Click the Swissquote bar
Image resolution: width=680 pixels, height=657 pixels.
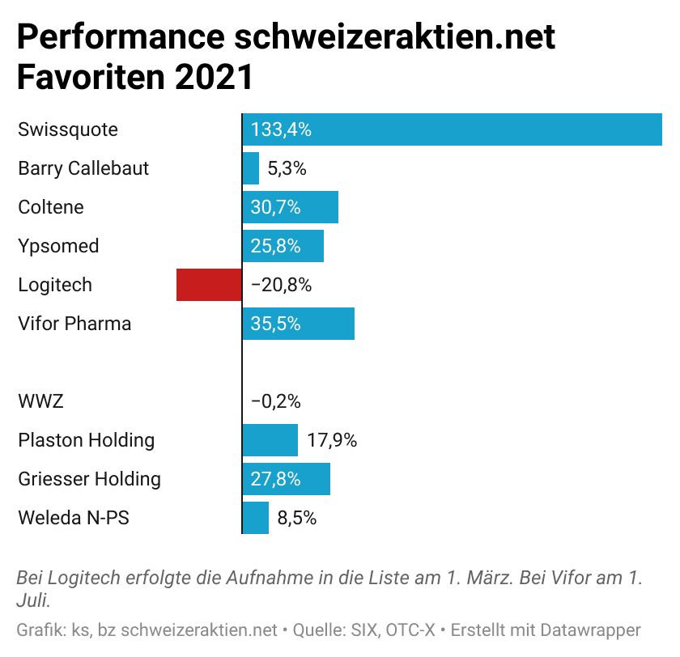tap(452, 129)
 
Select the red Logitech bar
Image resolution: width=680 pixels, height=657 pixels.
tap(209, 285)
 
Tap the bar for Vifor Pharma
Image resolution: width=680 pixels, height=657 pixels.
tap(298, 324)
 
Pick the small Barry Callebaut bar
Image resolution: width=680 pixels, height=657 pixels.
tap(251, 168)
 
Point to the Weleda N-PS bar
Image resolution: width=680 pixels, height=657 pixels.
tap(256, 518)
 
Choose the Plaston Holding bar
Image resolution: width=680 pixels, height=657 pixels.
tap(270, 440)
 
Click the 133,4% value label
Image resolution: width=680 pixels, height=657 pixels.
tap(281, 129)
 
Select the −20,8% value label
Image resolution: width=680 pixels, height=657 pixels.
tap(281, 285)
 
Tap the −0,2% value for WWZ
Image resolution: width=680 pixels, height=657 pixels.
tap(276, 401)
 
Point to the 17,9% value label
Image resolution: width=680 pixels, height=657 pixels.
tap(332, 440)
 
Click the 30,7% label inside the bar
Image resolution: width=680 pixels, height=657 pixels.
tap(276, 207)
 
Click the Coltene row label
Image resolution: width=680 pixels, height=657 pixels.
tap(51, 207)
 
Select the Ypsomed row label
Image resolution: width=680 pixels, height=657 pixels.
tap(58, 246)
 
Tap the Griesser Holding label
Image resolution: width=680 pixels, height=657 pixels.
tap(89, 479)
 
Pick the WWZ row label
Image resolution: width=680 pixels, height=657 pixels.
tap(40, 401)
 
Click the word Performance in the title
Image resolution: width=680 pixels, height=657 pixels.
tap(119, 39)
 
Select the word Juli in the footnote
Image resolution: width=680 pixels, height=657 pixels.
tap(32, 601)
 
